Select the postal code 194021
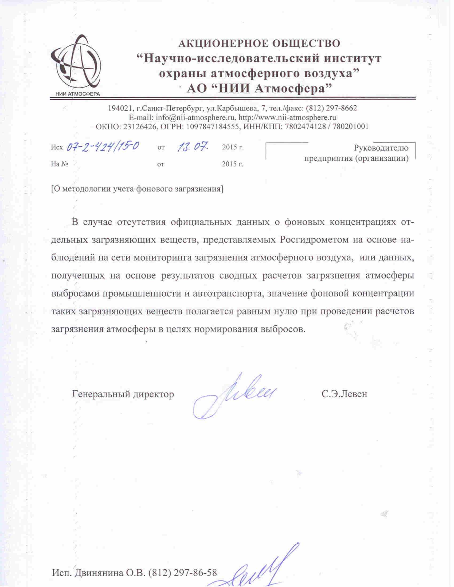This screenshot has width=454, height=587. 121,108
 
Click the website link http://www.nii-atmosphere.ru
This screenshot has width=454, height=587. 288,117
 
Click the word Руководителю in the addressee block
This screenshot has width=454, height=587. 381,148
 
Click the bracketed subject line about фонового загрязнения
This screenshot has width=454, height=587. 137,189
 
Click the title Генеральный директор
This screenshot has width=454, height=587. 123,394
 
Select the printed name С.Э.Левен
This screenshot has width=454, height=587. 344,394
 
